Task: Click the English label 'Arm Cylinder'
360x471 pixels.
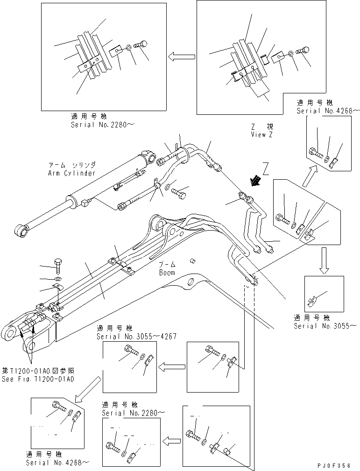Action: (x=71, y=173)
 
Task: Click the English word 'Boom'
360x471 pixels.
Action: (x=166, y=273)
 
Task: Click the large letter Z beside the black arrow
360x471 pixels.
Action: (x=266, y=167)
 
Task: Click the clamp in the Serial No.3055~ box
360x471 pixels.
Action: (x=312, y=302)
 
